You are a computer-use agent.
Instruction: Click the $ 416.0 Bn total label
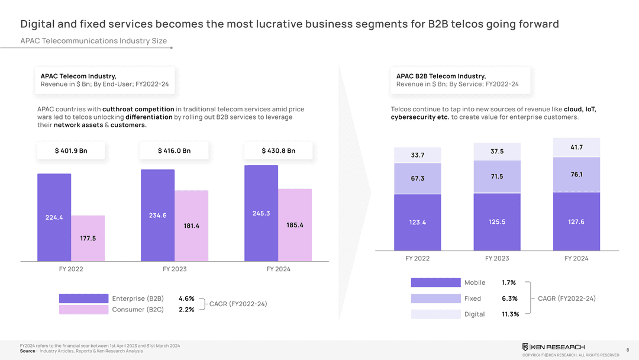[x=175, y=150]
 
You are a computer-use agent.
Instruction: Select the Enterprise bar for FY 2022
[x=54, y=217]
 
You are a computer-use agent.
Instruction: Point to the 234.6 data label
[x=157, y=215]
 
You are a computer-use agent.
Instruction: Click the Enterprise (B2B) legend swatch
[x=83, y=298]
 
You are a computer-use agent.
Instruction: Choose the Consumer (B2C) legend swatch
[x=83, y=310]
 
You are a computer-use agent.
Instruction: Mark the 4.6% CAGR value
[x=186, y=298]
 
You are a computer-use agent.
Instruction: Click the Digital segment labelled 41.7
[x=576, y=147]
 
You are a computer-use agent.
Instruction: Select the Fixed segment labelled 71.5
[x=497, y=176]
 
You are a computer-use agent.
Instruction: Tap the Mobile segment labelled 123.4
[x=417, y=222]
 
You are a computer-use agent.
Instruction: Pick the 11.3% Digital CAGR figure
[x=510, y=314]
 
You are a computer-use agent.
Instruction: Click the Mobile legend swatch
[x=435, y=282]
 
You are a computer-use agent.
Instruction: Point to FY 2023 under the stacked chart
[x=497, y=258]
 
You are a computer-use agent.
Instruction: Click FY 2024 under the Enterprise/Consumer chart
[x=278, y=269]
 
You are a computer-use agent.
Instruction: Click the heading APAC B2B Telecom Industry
[x=441, y=76]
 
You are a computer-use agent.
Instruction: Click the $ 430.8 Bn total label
[x=278, y=150]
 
